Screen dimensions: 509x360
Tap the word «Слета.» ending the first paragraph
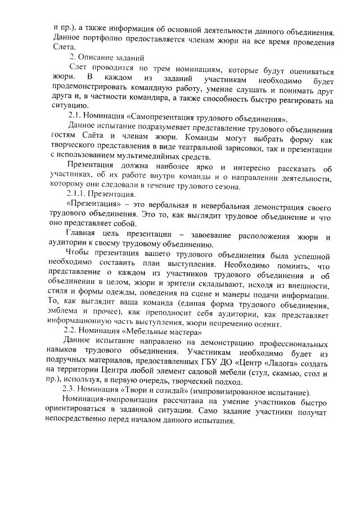pyautogui.click(x=64, y=47)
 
